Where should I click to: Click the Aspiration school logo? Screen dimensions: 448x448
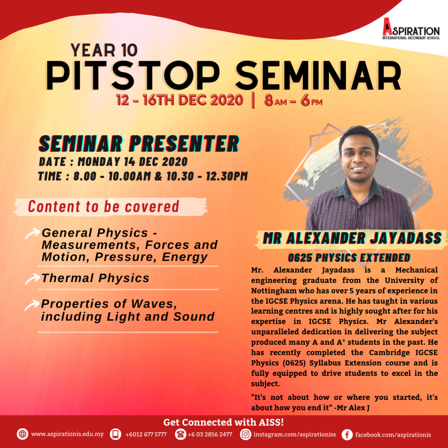point(411,28)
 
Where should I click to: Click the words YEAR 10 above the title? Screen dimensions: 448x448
point(104,50)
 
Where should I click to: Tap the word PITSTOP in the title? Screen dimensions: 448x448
point(133,76)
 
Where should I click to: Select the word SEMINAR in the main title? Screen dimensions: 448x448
point(318,76)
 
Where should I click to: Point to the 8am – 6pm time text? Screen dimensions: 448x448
point(293,101)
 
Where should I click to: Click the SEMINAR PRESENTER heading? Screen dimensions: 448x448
point(139,143)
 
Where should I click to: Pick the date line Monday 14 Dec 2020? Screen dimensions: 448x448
point(113,162)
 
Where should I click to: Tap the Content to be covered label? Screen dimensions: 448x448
point(103,206)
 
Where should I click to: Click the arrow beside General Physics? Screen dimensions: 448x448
point(32,234)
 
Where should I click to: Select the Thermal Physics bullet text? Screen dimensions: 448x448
point(95,278)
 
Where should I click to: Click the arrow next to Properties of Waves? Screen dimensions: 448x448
point(32,305)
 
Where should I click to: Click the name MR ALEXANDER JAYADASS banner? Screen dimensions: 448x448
point(352,238)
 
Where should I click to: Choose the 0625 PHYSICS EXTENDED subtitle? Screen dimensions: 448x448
point(349,258)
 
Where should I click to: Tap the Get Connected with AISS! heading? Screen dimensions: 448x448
point(224,422)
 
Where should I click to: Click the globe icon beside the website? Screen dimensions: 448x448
point(23,434)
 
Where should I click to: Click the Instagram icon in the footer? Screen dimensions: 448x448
point(245,434)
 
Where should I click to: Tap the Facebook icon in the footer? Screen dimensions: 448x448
point(347,434)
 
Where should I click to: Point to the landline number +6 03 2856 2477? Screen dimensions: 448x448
point(210,434)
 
